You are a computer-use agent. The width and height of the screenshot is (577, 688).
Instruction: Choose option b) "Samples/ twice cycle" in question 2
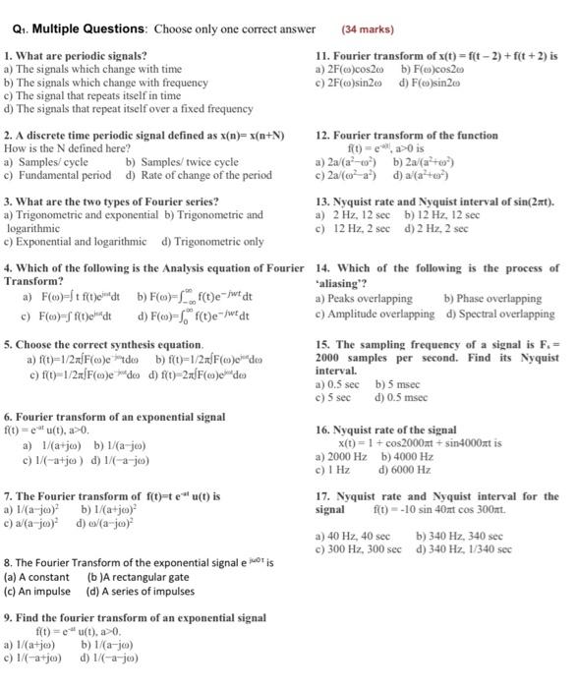(182, 161)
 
